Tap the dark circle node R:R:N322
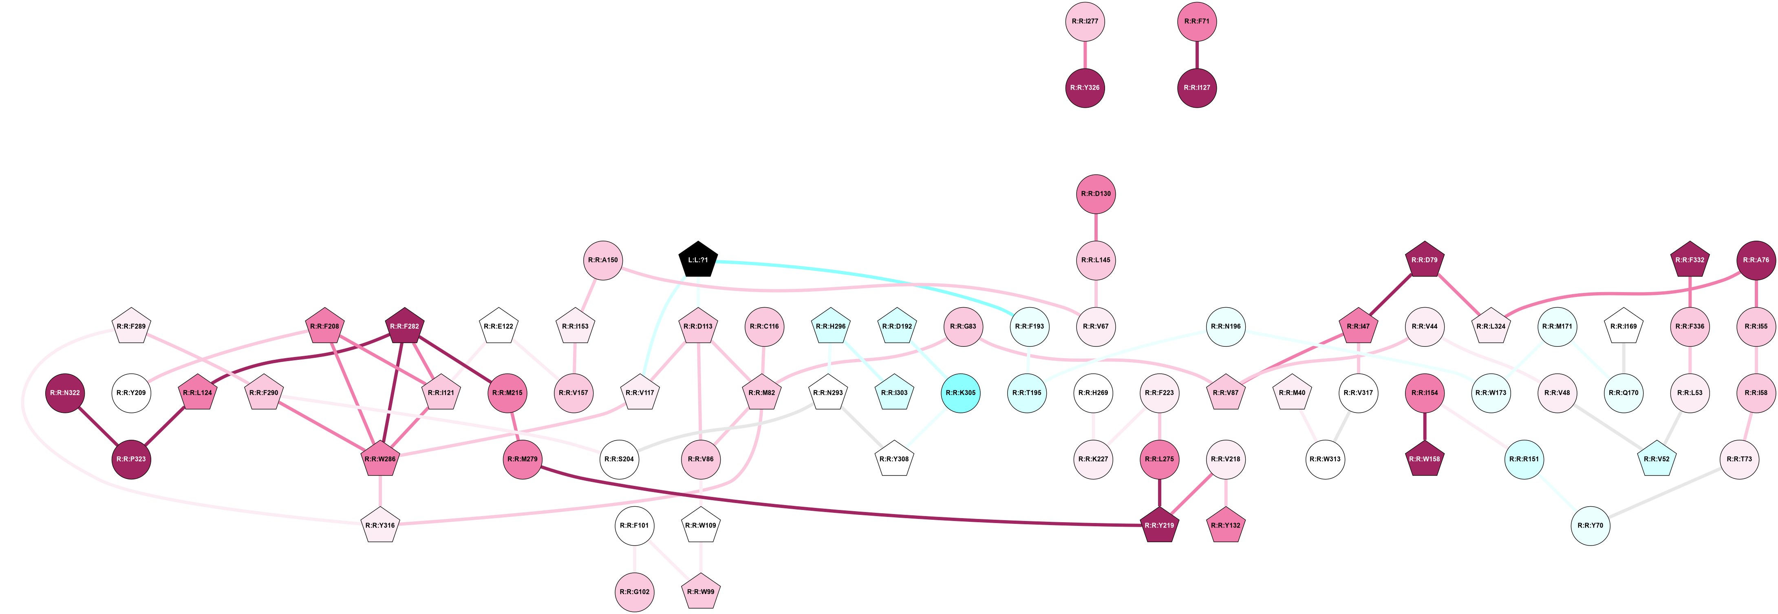click(x=65, y=392)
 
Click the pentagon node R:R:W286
click(x=380, y=459)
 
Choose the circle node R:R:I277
click(x=1085, y=21)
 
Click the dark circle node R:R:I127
click(x=1197, y=88)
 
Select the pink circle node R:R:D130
click(x=1096, y=194)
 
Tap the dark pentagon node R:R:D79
click(x=1425, y=260)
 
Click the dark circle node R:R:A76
click(x=1756, y=260)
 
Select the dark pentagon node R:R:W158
click(x=1425, y=459)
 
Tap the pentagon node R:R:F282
click(x=404, y=327)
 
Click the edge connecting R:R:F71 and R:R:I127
click(x=1197, y=55)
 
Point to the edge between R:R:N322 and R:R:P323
click(x=98, y=426)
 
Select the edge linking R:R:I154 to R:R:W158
click(x=1425, y=426)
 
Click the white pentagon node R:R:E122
click(x=499, y=327)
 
